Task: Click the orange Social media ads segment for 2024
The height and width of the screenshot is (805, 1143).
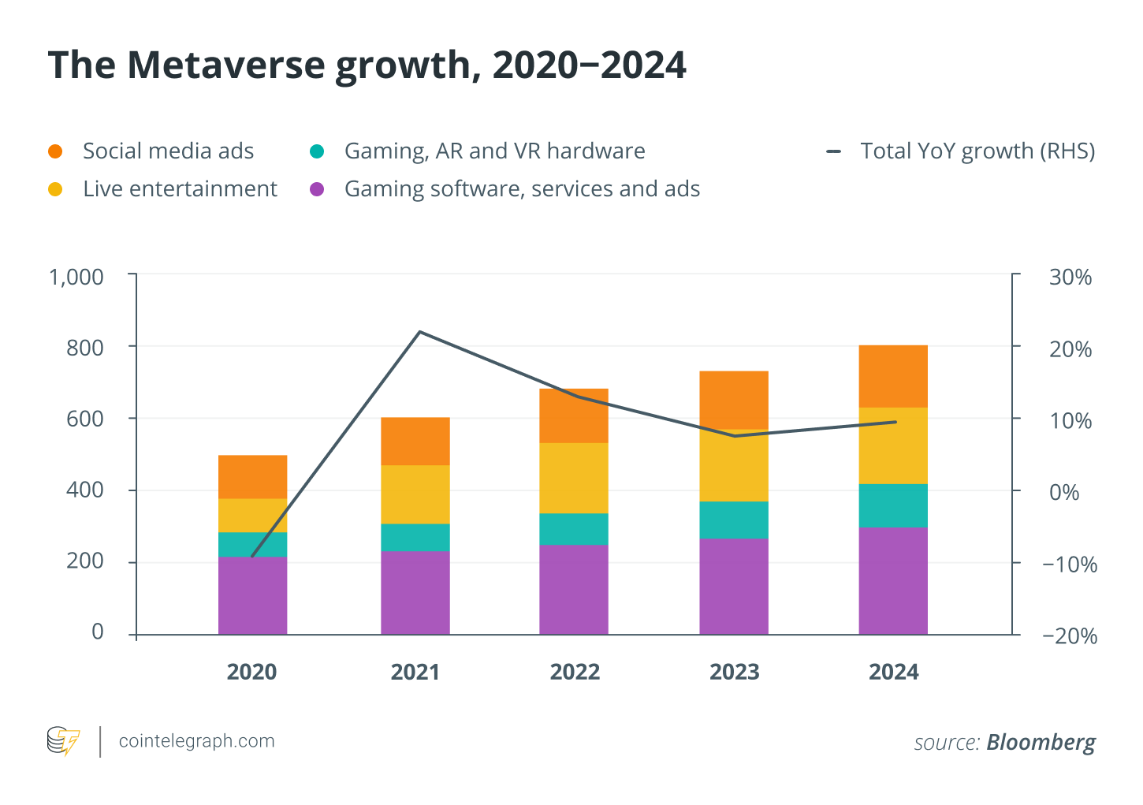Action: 892,376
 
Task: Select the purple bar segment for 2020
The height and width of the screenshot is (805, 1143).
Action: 252,595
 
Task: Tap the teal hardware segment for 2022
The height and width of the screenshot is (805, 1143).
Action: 573,529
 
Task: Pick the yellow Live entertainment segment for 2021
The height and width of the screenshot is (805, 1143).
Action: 415,494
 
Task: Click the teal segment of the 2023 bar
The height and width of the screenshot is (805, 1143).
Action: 733,520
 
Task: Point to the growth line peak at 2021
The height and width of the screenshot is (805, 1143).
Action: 419,332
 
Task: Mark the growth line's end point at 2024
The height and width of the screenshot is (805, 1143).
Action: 895,422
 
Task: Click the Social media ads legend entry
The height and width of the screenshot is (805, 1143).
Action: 168,151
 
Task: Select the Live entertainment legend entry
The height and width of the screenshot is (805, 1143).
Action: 180,189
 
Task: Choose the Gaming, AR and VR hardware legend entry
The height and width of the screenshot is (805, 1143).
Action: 494,151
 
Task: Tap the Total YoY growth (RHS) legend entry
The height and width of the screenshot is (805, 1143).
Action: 977,151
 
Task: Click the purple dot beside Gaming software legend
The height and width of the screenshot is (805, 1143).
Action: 317,189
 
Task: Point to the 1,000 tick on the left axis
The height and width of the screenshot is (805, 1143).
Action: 76,277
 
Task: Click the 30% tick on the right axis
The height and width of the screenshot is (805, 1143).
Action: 1070,277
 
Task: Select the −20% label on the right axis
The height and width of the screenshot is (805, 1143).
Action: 1069,635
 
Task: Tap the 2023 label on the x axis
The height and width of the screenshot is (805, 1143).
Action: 734,672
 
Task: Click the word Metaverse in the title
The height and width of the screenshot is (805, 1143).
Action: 227,65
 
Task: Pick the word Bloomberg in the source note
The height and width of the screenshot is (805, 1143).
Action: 1041,743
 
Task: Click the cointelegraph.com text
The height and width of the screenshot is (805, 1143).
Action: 196,741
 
